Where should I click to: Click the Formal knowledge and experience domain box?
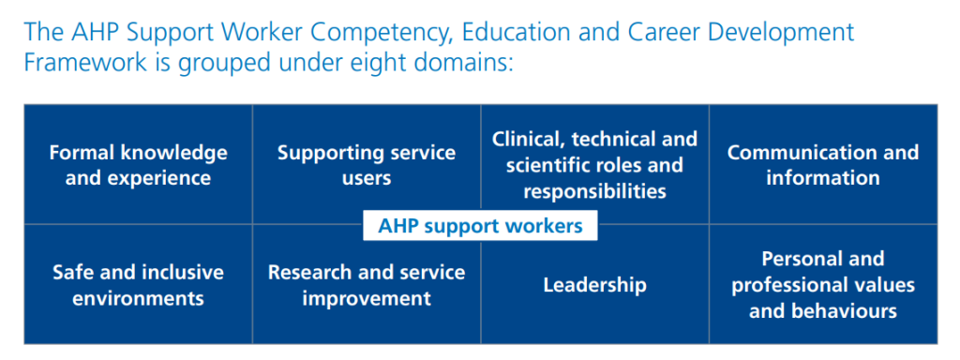(138, 164)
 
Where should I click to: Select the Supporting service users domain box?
(367, 164)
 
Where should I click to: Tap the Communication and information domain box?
(823, 164)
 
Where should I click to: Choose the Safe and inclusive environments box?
(138, 285)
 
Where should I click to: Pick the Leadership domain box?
(594, 285)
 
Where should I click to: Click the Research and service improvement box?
(367, 285)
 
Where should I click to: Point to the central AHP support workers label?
(480, 226)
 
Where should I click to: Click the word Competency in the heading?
(357, 33)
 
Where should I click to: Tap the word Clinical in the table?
(530, 140)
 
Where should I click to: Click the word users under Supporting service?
(367, 177)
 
